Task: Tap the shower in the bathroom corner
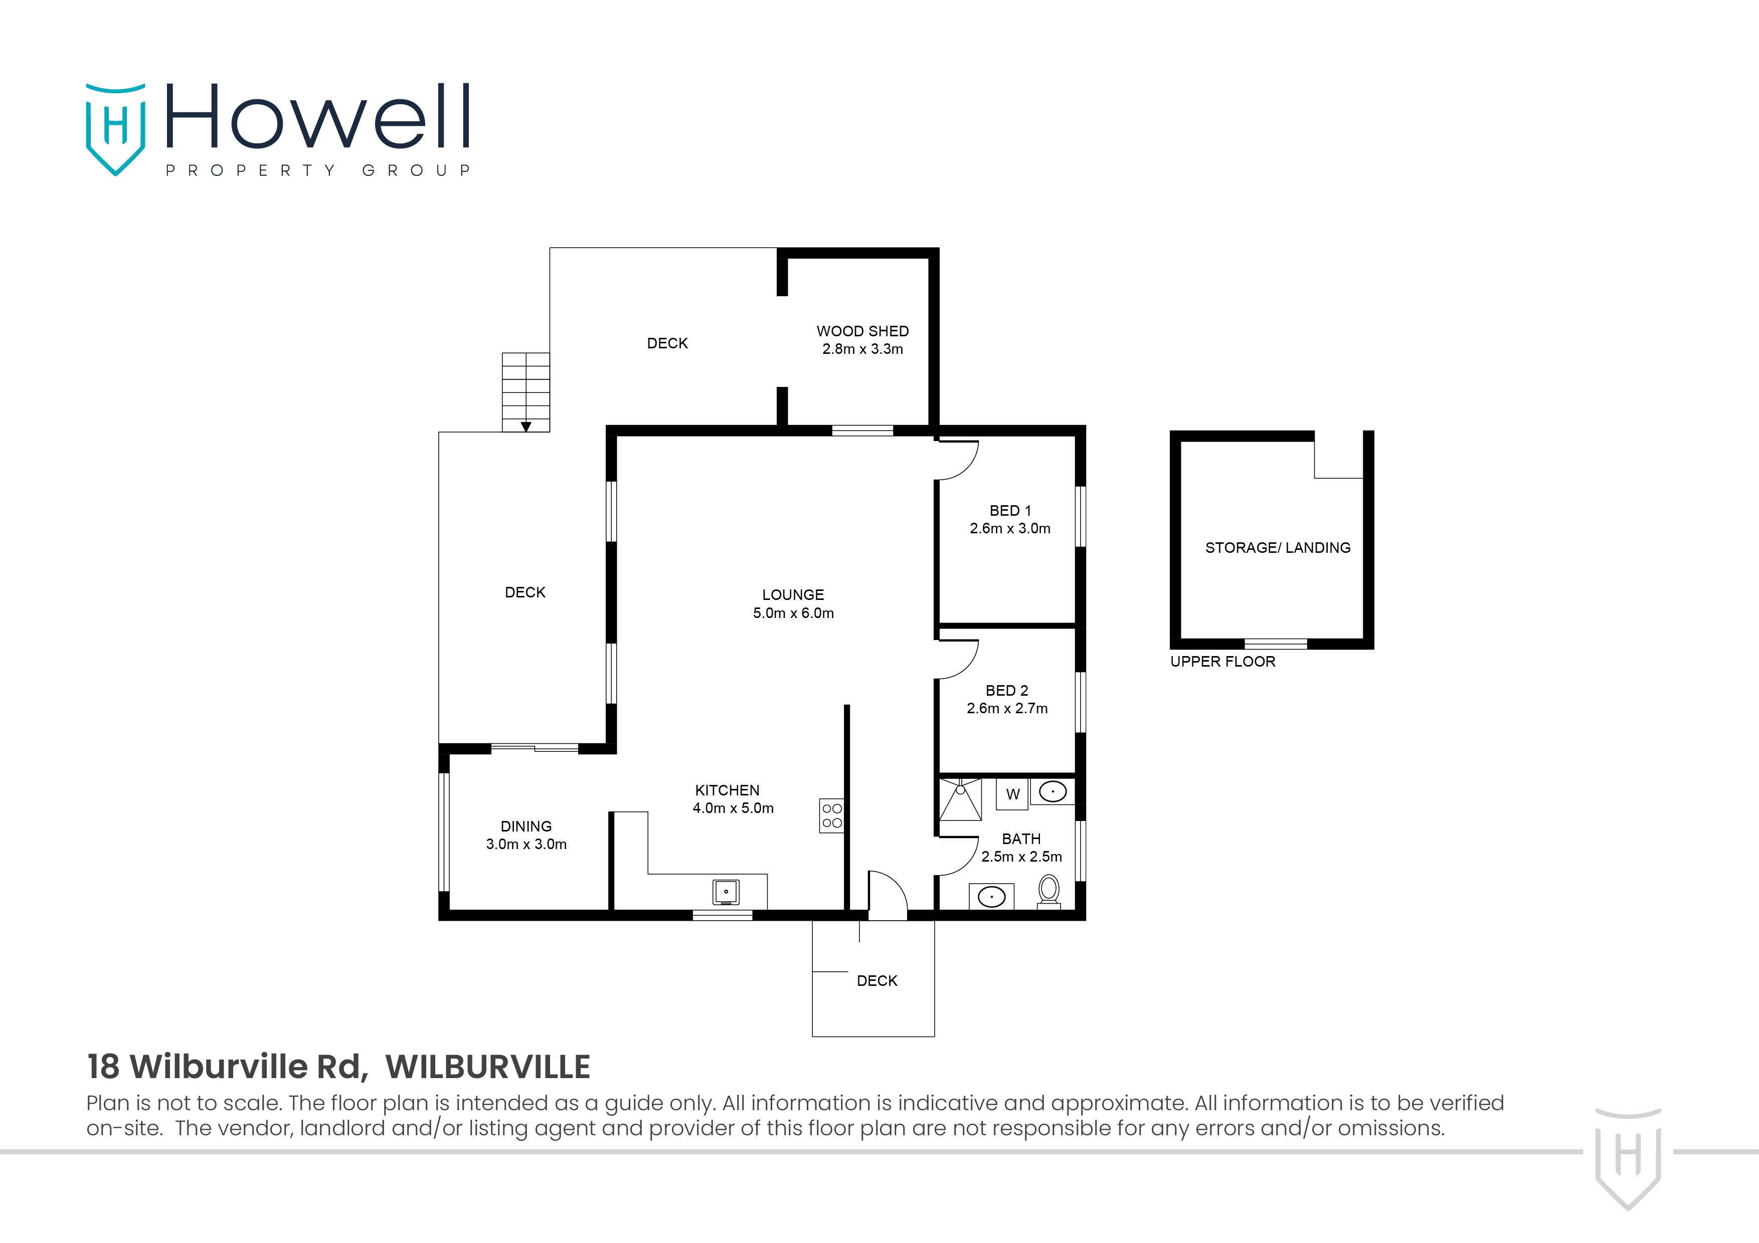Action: point(960,799)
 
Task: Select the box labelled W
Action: point(1012,794)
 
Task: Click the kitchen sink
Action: point(726,892)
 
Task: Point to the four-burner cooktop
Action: point(832,815)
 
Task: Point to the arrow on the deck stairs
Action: point(525,427)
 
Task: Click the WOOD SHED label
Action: point(862,331)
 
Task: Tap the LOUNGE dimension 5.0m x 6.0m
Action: point(793,612)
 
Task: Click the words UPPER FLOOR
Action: point(1222,662)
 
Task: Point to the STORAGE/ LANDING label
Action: point(1277,548)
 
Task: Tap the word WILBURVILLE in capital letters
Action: point(487,1067)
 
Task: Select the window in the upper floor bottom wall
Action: point(1276,644)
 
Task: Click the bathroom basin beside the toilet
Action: point(991,897)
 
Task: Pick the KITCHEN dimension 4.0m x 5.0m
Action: point(733,808)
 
